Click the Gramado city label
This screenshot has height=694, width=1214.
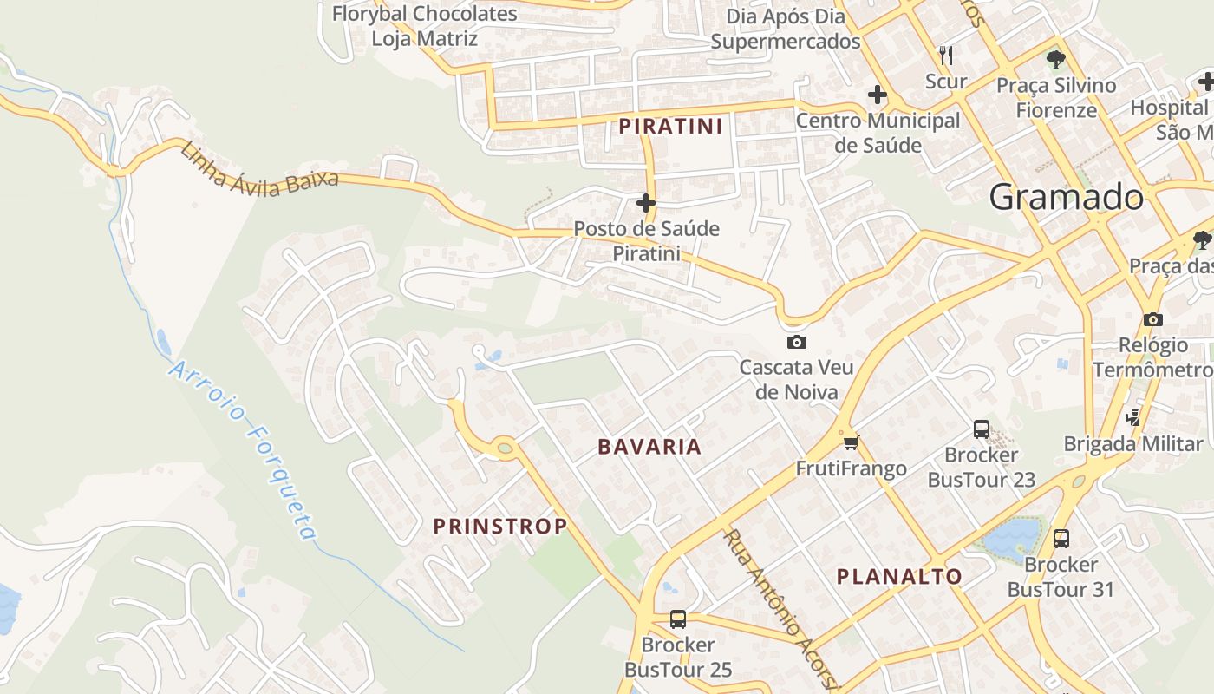click(x=1066, y=198)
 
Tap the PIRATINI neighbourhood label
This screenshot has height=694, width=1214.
click(x=670, y=127)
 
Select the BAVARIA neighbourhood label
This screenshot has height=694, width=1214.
click(x=649, y=447)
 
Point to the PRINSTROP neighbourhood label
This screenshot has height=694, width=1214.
click(x=500, y=526)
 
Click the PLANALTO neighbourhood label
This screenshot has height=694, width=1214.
click(x=899, y=576)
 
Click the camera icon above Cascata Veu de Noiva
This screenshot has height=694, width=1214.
click(x=796, y=343)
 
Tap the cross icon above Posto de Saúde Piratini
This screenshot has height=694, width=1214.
click(x=645, y=203)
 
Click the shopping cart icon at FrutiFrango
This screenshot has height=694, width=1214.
click(x=851, y=443)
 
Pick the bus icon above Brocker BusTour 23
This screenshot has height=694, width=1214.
click(x=981, y=429)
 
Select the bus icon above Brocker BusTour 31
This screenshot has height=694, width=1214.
click(x=1061, y=539)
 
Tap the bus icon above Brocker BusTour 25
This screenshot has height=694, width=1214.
click(x=678, y=619)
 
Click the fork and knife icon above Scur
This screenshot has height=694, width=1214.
click(x=946, y=56)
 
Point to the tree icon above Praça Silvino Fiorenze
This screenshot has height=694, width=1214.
click(x=1055, y=60)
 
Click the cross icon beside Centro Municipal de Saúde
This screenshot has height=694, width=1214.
click(x=878, y=94)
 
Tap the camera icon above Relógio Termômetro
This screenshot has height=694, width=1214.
click(x=1152, y=319)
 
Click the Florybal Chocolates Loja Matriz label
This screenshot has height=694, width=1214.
click(x=425, y=26)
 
